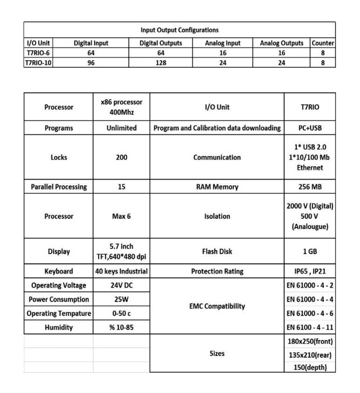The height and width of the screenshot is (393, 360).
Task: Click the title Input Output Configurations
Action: pos(179,30)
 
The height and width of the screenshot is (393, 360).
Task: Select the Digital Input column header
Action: pos(91,43)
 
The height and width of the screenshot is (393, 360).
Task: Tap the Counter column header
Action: pos(323,43)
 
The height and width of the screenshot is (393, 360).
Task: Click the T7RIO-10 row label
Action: pos(38,63)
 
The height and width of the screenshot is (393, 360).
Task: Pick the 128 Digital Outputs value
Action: pos(161,63)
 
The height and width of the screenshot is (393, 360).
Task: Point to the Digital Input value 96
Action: pos(91,63)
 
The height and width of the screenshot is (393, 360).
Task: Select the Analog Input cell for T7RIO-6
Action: pos(223,53)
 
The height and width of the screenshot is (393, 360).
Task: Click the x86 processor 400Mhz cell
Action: pos(121,107)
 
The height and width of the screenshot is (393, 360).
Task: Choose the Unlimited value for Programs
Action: pos(121,128)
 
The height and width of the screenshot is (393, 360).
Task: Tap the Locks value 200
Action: pos(121,157)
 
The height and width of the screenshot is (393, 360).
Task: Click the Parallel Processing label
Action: pos(59,187)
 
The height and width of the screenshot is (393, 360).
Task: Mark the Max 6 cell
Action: pos(121,216)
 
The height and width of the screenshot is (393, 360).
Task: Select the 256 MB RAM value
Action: pos(310,187)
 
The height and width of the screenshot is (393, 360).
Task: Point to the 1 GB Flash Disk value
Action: pos(310,251)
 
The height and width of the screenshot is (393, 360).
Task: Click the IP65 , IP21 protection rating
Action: pos(310,271)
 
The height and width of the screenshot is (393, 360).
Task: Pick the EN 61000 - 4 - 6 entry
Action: pos(310,313)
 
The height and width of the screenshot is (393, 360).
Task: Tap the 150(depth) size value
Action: pos(310,367)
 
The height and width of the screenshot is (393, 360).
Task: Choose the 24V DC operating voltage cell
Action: pos(121,285)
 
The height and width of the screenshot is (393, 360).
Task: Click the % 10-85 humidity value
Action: pos(121,327)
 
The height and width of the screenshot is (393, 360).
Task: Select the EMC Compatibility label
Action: pos(217,306)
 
